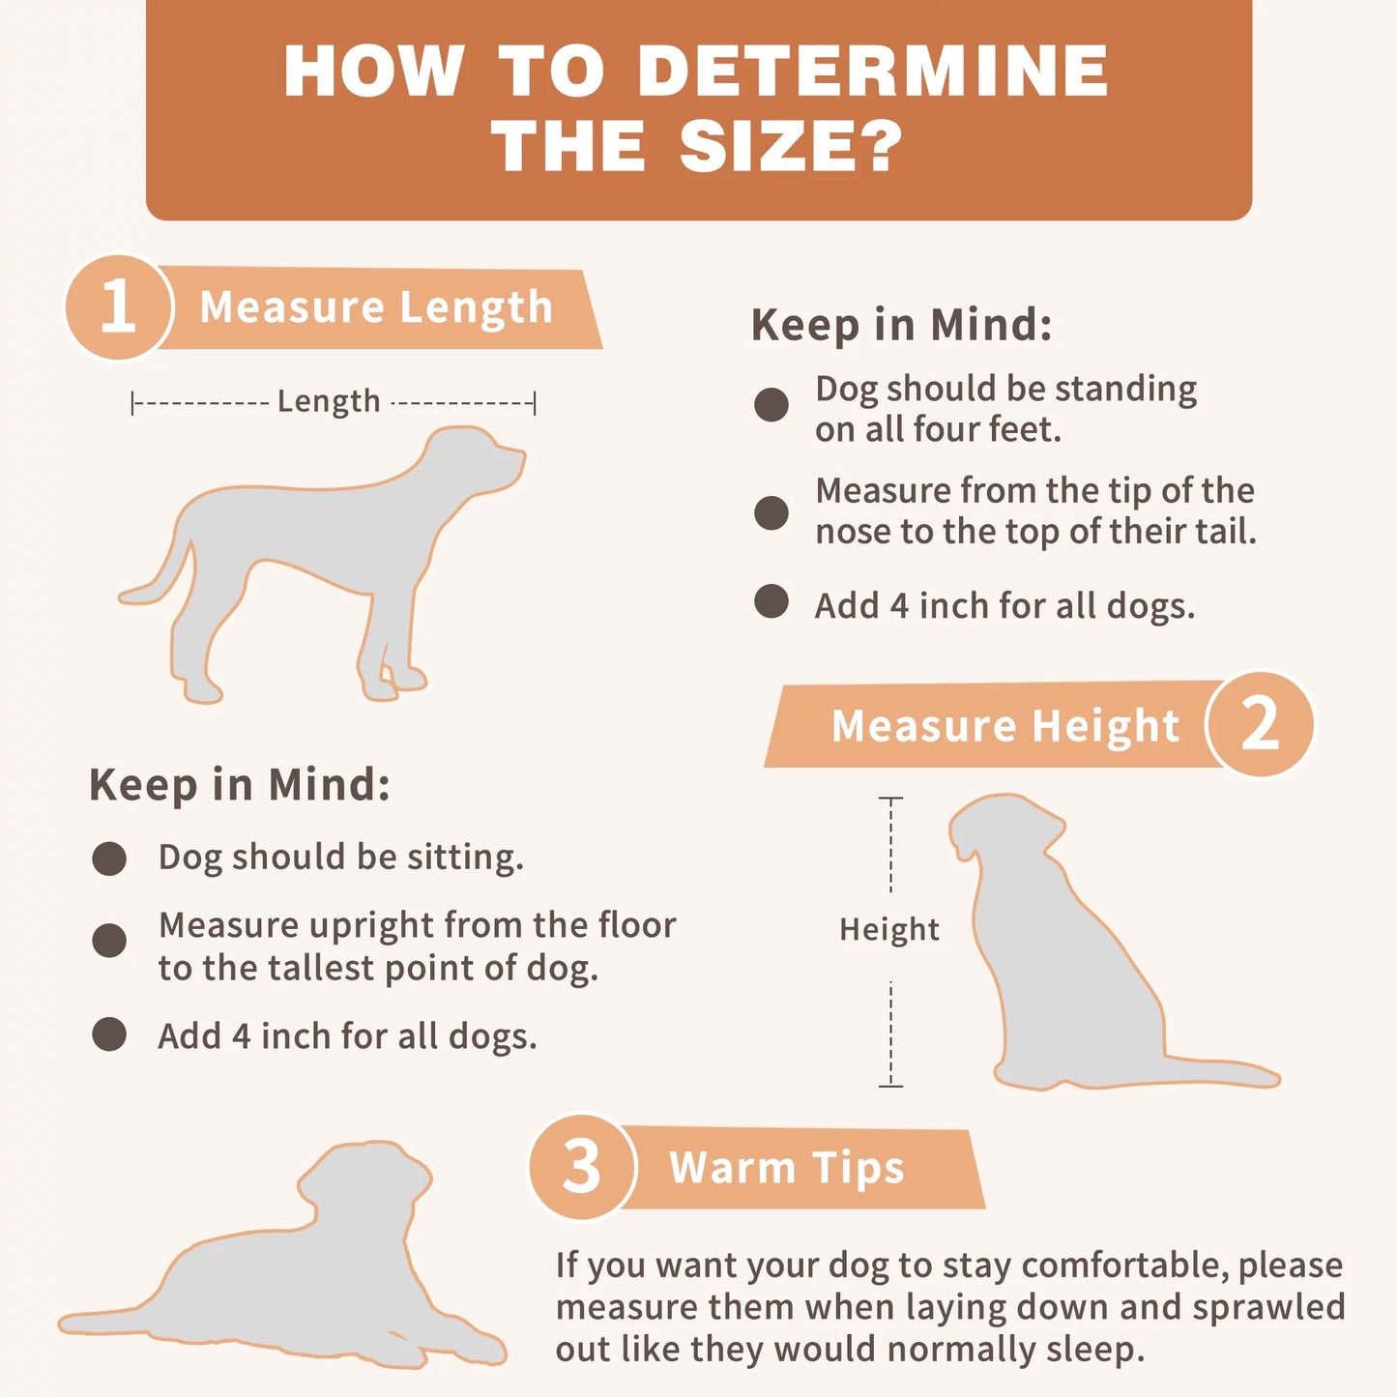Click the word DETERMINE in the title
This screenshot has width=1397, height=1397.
click(873, 71)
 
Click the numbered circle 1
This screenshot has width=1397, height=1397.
click(118, 306)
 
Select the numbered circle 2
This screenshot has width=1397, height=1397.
click(1260, 724)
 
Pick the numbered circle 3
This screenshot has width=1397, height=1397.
click(582, 1167)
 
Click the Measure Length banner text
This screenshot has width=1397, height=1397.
click(376, 306)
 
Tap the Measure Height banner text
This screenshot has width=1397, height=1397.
click(1005, 726)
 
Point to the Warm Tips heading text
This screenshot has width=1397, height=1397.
click(787, 1168)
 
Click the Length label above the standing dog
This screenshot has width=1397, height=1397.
click(329, 401)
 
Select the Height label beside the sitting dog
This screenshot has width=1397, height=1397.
click(889, 929)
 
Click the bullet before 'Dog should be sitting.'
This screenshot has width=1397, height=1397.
click(109, 859)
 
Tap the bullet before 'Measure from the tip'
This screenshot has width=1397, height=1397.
click(771, 513)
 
